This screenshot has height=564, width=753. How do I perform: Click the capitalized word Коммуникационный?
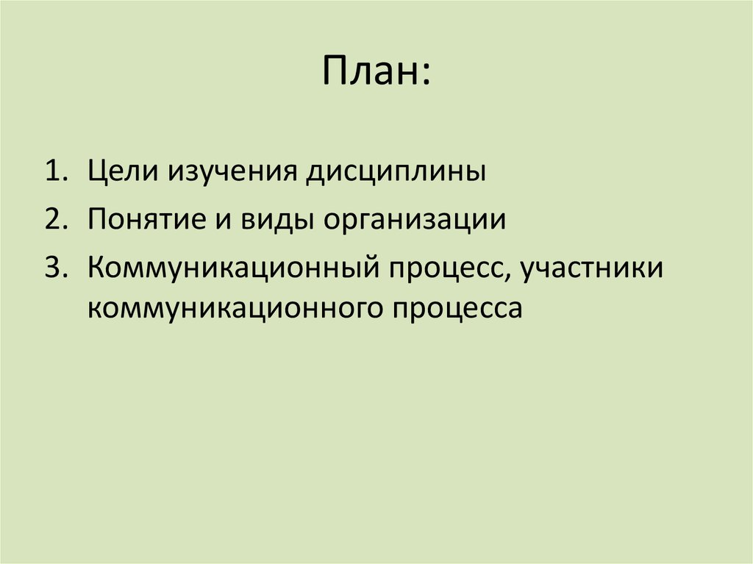(229, 268)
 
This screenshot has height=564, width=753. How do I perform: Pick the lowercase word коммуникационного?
(233, 307)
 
